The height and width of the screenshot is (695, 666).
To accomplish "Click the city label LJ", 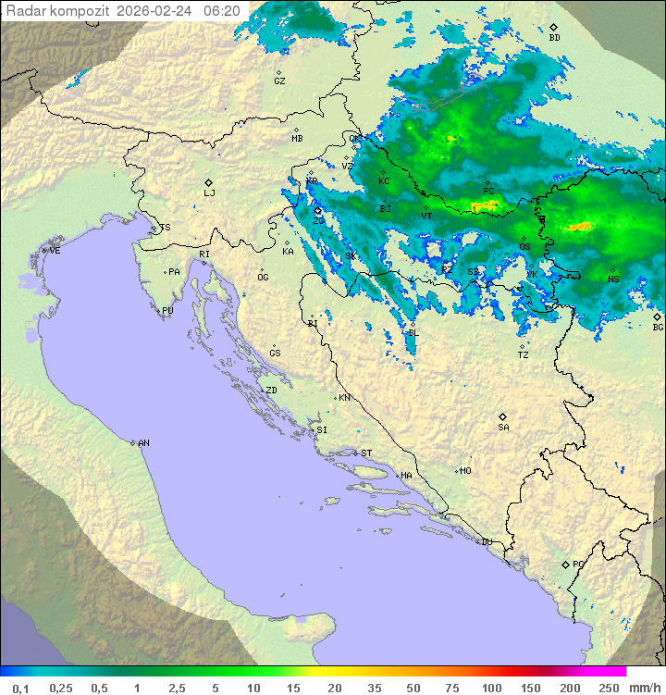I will coord(209,193).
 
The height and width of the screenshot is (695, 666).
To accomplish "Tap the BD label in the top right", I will coord(554,38).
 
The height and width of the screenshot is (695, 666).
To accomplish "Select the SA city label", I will coord(503,427).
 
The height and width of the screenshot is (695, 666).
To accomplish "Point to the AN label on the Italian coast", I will coord(143,443).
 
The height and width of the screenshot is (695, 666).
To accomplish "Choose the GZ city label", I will coord(279,81).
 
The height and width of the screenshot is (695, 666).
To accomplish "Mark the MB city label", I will coord(297,138).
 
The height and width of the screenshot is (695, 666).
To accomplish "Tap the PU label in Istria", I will coord(167,311).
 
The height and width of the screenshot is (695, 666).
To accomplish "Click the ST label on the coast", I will coord(365,453).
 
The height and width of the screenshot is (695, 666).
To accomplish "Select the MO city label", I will coord(465,471).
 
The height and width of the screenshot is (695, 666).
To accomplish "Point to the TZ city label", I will coord(524,354).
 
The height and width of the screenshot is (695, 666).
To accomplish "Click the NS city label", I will coord(613,279).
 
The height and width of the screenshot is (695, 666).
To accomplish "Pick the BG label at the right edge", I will coord(658,327).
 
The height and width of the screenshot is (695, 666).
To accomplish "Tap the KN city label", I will coord(344,398).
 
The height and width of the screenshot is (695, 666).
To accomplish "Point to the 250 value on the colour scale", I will coord(608,688).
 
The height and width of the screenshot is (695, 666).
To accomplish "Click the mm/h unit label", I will coord(643,688).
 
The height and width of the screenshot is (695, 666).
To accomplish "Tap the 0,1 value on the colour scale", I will coord(20,688).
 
